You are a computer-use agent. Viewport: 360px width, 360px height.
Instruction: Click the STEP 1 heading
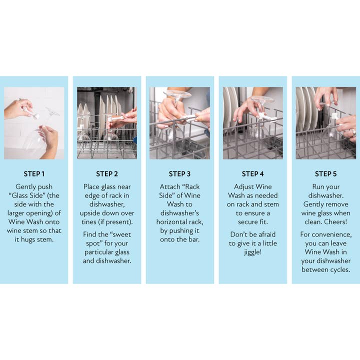[x=34, y=174]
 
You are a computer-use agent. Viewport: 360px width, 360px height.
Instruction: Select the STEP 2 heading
[x=107, y=174]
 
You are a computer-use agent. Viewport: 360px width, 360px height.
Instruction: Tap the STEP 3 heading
[x=179, y=174]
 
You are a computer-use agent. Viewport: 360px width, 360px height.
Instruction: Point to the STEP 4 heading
[x=252, y=174]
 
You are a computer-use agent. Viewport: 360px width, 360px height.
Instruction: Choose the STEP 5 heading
[x=325, y=174]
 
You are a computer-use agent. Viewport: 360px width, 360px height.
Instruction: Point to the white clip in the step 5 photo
[x=334, y=116]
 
